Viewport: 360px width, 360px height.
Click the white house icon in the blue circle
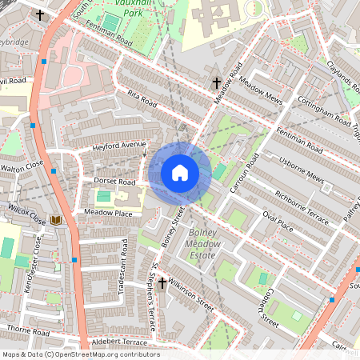pyautogui.click(x=180, y=173)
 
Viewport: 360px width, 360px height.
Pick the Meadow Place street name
pyautogui.click(x=108, y=213)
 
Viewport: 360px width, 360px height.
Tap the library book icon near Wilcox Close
pyautogui.click(x=56, y=219)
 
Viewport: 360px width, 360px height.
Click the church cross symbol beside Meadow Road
pyautogui.click(x=216, y=82)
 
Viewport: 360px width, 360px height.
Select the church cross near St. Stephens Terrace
pyautogui.click(x=162, y=283)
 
